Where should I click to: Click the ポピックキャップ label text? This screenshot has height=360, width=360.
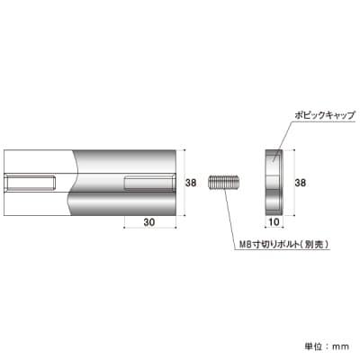coord(325,115)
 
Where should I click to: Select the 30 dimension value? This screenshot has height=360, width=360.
coord(149,222)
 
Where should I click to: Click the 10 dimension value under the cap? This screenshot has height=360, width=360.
coord(274,221)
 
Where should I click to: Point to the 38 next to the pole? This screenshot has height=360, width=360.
coord(191,183)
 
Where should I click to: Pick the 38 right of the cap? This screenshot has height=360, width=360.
coord(300,183)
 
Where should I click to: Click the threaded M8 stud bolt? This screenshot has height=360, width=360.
coord(224,183)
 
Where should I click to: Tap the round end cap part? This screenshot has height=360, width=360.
coord(274,183)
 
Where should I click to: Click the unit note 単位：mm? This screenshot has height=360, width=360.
coord(327,346)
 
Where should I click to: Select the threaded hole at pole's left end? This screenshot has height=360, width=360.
coord(30,183)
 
